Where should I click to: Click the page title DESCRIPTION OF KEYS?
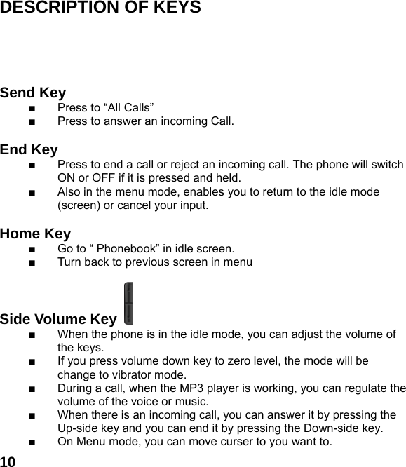click(x=100, y=8)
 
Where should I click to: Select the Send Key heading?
click(x=33, y=93)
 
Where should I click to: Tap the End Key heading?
click(x=29, y=150)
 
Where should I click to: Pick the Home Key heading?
click(x=35, y=234)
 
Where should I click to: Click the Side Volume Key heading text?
click(x=58, y=320)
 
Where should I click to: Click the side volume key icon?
click(x=128, y=303)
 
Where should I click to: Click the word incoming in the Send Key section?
click(x=184, y=122)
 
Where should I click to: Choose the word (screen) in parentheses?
click(x=80, y=206)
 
